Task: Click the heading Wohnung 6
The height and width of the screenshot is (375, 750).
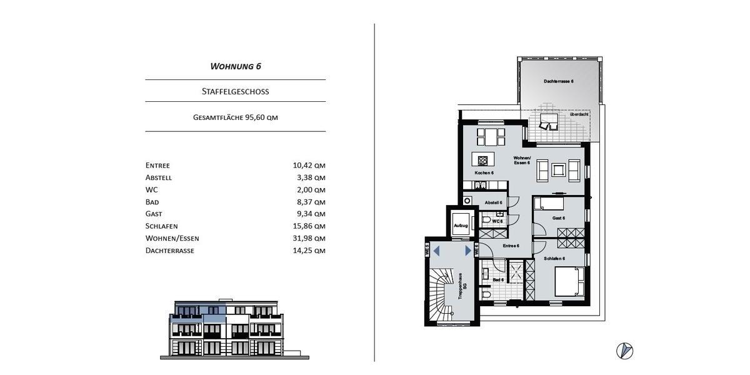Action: pos(235,66)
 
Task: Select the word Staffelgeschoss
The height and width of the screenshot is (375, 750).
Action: pos(235,91)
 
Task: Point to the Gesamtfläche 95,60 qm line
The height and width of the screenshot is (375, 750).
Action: pos(235,117)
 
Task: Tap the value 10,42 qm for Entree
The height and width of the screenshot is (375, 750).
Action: pos(309,166)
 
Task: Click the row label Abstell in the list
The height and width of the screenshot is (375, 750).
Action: pos(158,177)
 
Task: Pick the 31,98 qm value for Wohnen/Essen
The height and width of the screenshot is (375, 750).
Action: pos(309,238)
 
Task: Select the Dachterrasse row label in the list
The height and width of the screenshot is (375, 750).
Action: pos(169,251)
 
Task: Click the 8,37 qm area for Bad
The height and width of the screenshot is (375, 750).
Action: pos(311,202)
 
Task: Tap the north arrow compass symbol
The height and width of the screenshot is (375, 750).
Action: pos(624,351)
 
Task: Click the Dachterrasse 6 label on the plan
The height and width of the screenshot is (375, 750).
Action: pos(558,81)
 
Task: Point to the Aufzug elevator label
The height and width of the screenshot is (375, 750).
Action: pos(461,225)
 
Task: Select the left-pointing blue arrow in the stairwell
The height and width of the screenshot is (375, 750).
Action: pos(437,251)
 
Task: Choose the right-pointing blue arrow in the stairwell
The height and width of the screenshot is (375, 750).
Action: pos(468,251)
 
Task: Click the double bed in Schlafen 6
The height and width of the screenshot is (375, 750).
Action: pos(569,281)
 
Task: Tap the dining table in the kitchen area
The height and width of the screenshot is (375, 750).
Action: pos(491,136)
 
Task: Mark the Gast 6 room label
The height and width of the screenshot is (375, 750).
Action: pos(558,218)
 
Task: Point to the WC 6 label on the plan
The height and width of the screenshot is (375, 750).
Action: pos(497,221)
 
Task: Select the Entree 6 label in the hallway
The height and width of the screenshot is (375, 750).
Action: pos(511,246)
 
